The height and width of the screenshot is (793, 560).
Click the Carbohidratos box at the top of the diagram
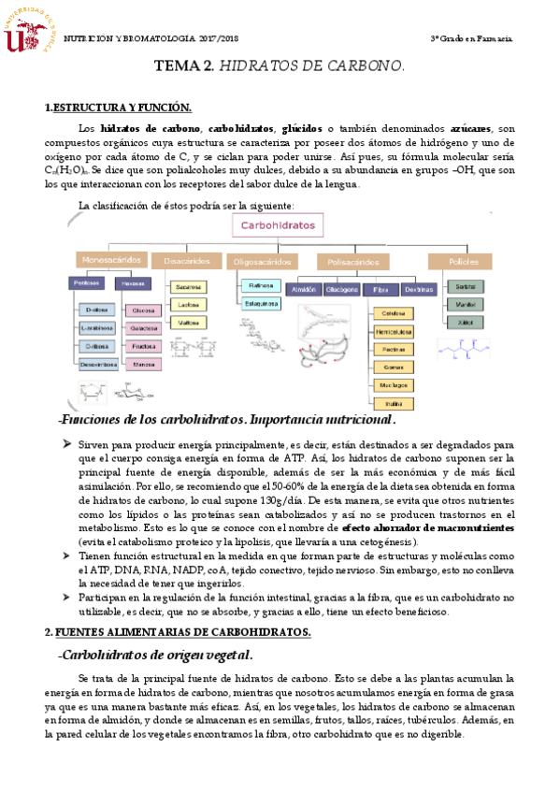278,226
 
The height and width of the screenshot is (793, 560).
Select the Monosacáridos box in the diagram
111,261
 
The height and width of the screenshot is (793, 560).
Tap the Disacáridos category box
186,261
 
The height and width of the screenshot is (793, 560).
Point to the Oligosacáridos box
262,262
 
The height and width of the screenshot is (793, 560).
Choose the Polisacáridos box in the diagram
352,262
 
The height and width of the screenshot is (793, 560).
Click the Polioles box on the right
459,261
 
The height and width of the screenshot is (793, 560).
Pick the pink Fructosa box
144,345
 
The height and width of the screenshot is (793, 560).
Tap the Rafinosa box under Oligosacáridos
260,285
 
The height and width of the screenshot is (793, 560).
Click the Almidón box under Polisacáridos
305,290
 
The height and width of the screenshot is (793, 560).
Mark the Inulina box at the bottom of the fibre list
393,403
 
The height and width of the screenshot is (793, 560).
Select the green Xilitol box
465,322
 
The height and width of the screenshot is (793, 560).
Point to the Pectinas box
393,349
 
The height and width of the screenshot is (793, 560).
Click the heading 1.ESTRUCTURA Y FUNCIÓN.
117,108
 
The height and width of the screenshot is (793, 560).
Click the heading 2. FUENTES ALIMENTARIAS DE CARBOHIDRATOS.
179,606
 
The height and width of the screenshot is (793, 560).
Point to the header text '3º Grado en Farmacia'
470,38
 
